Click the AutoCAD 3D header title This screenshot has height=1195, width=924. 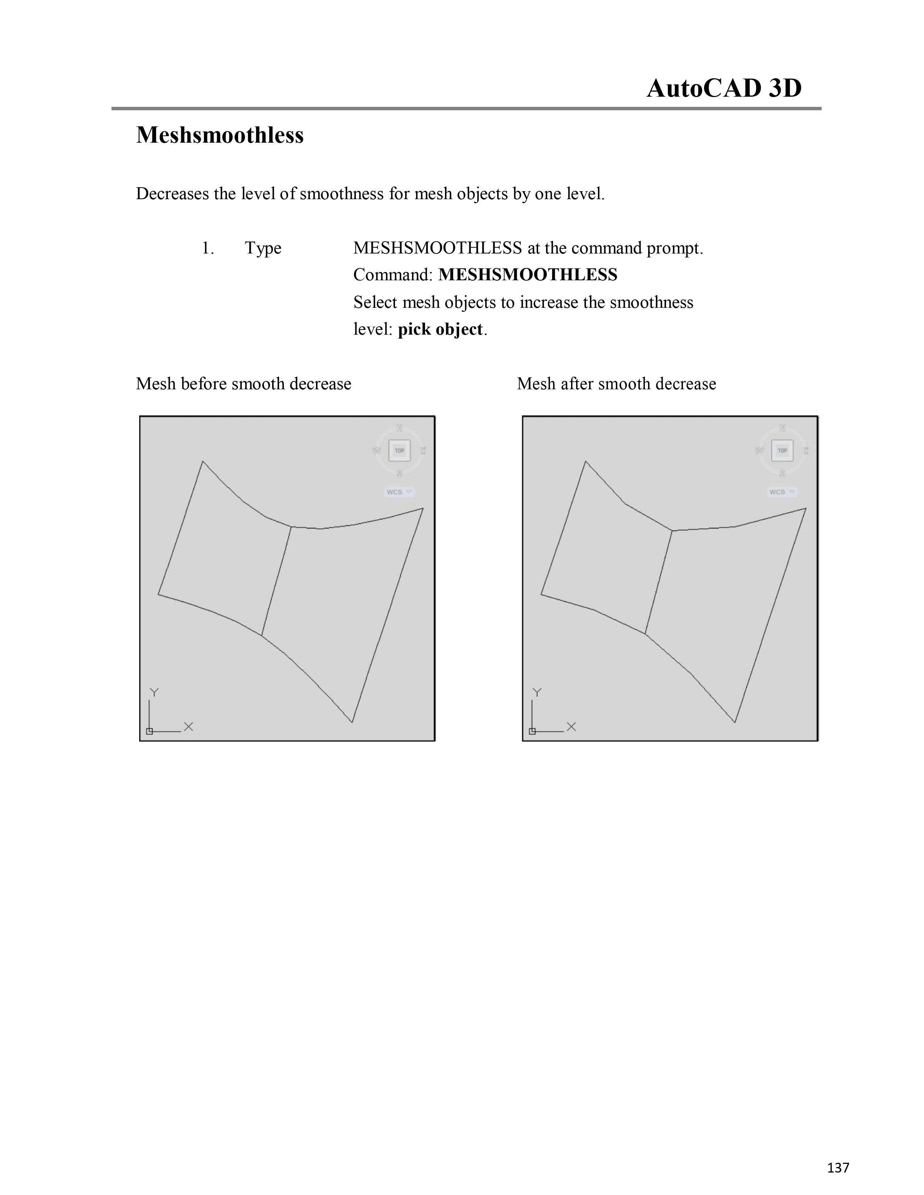[724, 88]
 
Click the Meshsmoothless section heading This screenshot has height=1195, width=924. [220, 135]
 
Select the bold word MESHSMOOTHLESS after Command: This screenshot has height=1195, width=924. [528, 275]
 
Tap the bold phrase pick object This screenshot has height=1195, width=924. [440, 330]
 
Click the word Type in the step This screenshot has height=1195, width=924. [263, 248]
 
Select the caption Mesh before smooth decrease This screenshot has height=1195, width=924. [243, 383]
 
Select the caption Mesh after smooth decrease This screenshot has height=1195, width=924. [616, 383]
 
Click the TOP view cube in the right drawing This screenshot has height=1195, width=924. [782, 450]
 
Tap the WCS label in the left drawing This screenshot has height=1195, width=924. [395, 492]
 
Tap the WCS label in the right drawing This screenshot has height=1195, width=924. [777, 492]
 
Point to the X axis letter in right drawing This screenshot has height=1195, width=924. [571, 727]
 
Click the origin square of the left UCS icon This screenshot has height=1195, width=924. [149, 731]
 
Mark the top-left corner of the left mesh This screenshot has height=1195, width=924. [203, 462]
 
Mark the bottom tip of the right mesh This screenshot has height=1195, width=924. [734, 722]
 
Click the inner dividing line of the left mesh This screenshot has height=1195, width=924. [276, 581]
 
